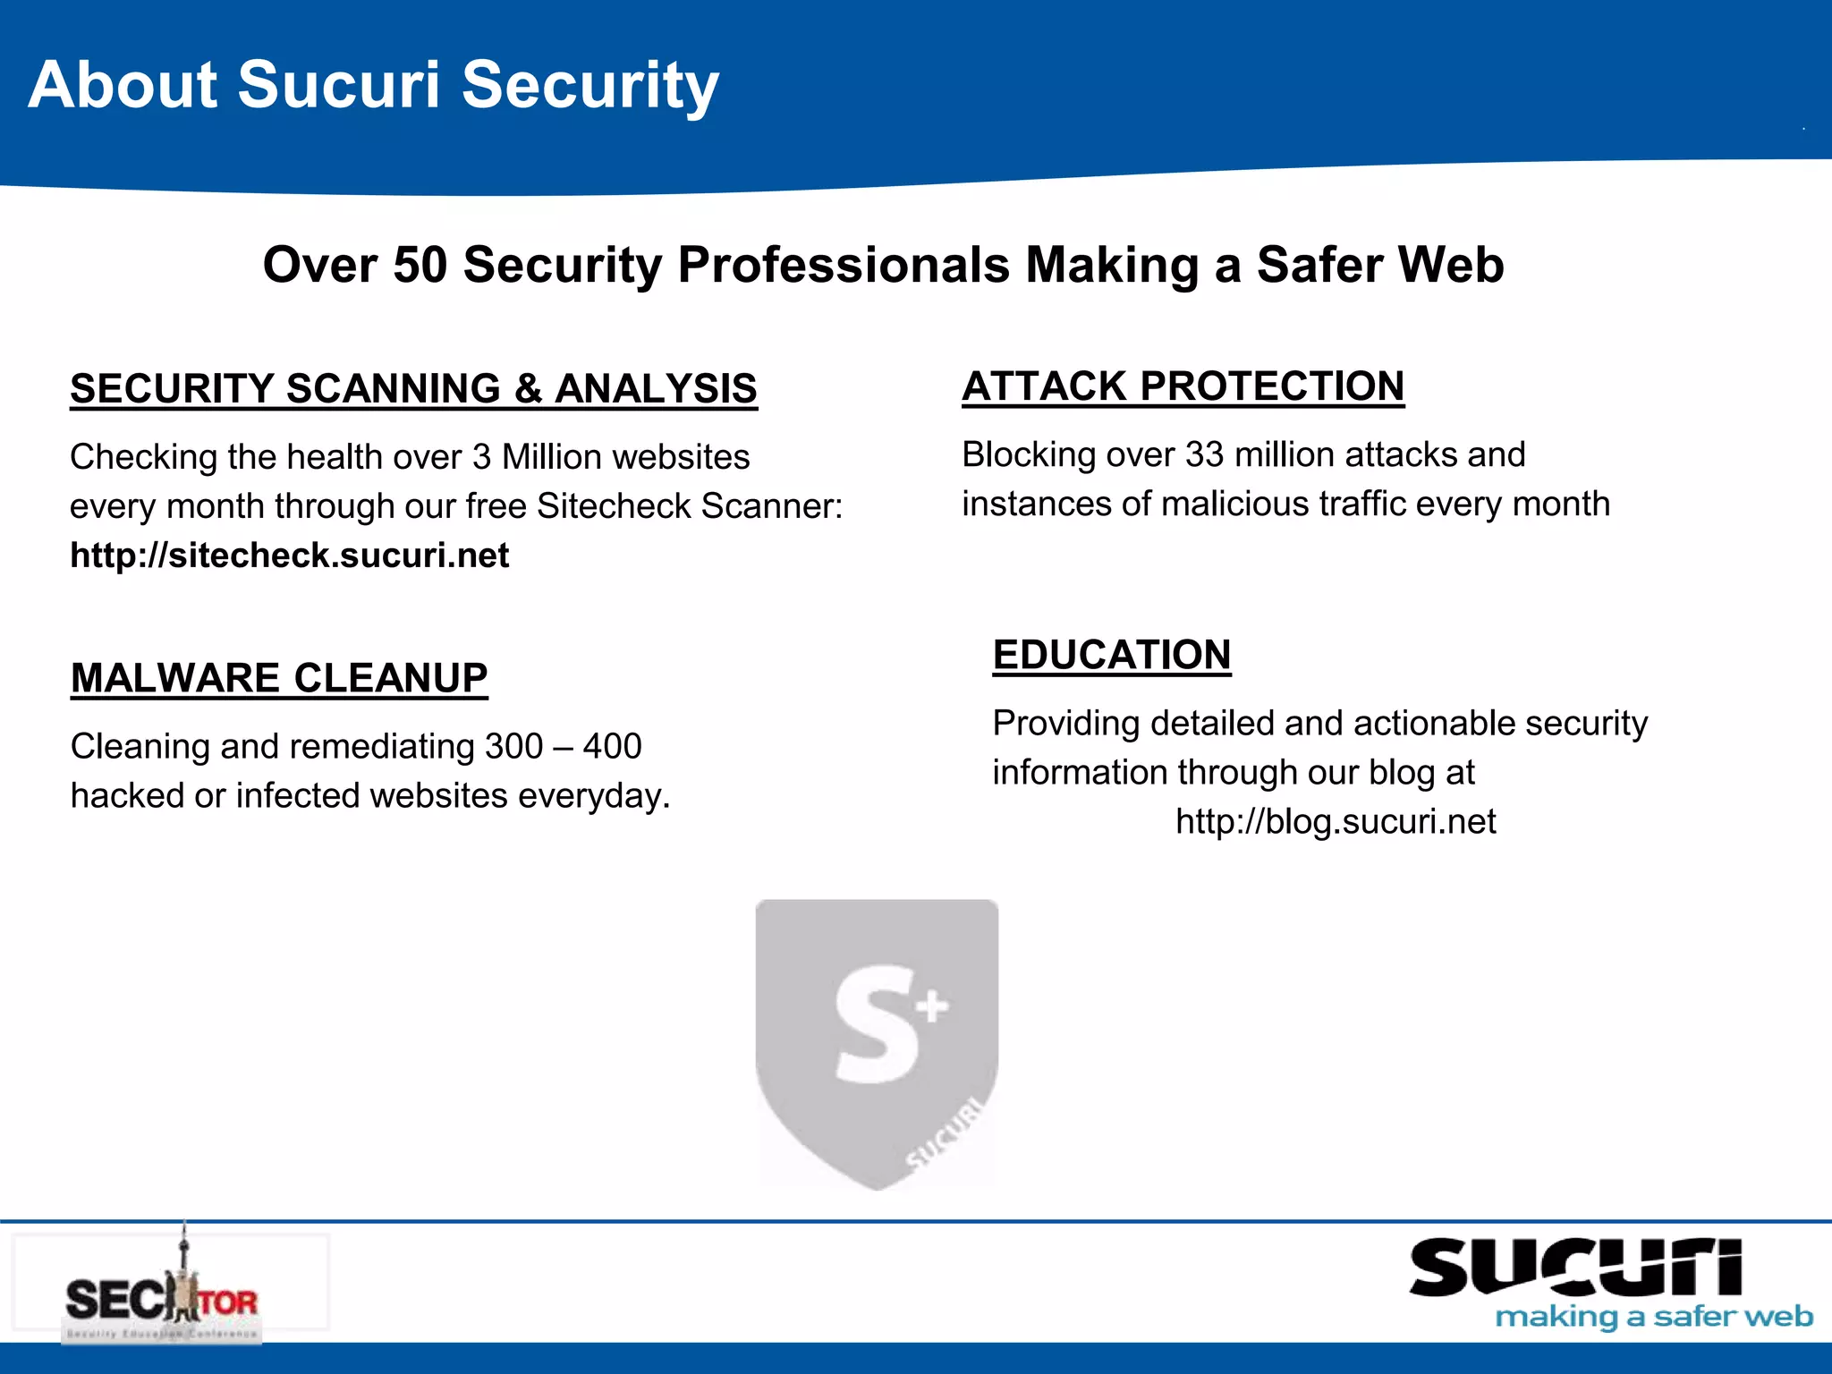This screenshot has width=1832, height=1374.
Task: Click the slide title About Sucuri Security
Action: click(x=373, y=85)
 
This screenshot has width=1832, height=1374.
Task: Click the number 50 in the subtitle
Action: click(x=420, y=265)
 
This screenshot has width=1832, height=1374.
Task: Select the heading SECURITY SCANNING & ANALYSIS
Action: click(x=413, y=389)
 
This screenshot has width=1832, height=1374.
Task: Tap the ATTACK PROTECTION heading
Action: click(x=1183, y=386)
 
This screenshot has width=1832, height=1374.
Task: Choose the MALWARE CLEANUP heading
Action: click(x=279, y=678)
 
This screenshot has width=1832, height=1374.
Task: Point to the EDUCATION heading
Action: click(x=1112, y=655)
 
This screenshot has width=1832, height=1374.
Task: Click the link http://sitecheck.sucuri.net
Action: click(x=290, y=556)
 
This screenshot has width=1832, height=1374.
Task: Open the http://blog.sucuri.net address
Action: click(x=1336, y=821)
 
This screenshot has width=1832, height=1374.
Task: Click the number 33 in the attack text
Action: click(x=1204, y=455)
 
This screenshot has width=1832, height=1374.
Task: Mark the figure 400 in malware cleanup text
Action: click(x=613, y=746)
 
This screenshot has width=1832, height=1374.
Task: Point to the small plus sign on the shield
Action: click(x=932, y=1005)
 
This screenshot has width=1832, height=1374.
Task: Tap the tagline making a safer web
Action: click(x=1654, y=1317)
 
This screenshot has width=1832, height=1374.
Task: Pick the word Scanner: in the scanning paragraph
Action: click(x=772, y=506)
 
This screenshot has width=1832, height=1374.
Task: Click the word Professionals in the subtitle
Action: click(x=844, y=265)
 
